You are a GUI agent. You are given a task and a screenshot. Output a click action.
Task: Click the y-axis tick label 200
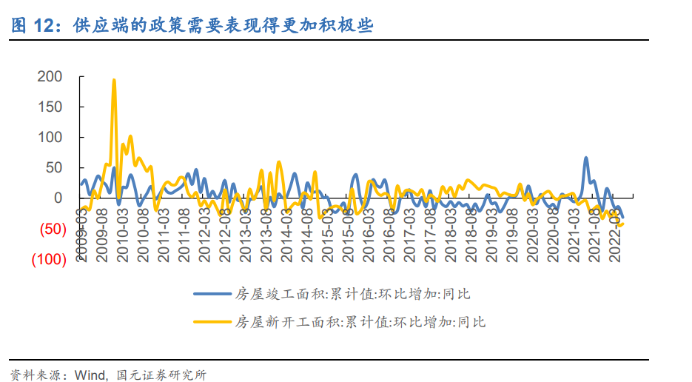[x=49, y=77]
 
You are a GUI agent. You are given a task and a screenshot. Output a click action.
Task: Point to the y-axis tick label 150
[x=49, y=107]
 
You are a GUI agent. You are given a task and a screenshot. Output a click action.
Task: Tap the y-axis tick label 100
[x=49, y=138]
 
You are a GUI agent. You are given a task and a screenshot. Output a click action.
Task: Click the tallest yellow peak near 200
[x=114, y=80]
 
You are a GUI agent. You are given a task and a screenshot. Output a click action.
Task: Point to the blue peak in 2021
[x=586, y=158]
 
